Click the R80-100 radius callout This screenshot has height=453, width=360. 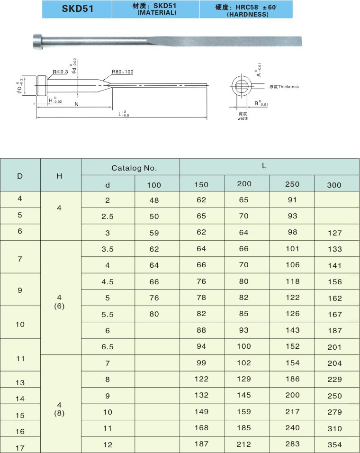point(122,72)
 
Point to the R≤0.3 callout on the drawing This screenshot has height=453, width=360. point(60,72)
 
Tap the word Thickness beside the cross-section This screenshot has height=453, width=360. point(288,87)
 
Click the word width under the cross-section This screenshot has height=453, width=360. point(243,118)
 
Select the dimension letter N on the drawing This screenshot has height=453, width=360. point(77,104)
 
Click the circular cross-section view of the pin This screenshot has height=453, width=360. point(242,86)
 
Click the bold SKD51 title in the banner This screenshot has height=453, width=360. point(78,9)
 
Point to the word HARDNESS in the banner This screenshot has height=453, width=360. point(248,14)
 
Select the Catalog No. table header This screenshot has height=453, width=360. point(134,168)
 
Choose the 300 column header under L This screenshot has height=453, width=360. point(334,185)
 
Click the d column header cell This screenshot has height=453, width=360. point(108,185)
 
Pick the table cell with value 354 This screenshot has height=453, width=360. point(334,444)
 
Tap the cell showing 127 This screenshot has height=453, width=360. point(334,233)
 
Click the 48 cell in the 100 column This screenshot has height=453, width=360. point(154,200)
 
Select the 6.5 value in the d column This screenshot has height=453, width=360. point(108,347)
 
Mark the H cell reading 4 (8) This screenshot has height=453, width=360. point(59,409)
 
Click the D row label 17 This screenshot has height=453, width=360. point(20,448)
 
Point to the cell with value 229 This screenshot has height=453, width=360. point(334,380)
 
